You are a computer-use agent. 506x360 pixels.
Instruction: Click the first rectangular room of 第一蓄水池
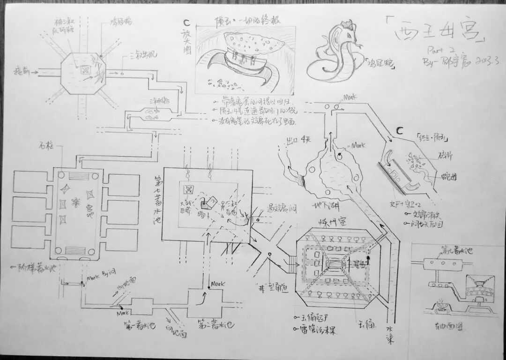[x=141, y=307]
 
